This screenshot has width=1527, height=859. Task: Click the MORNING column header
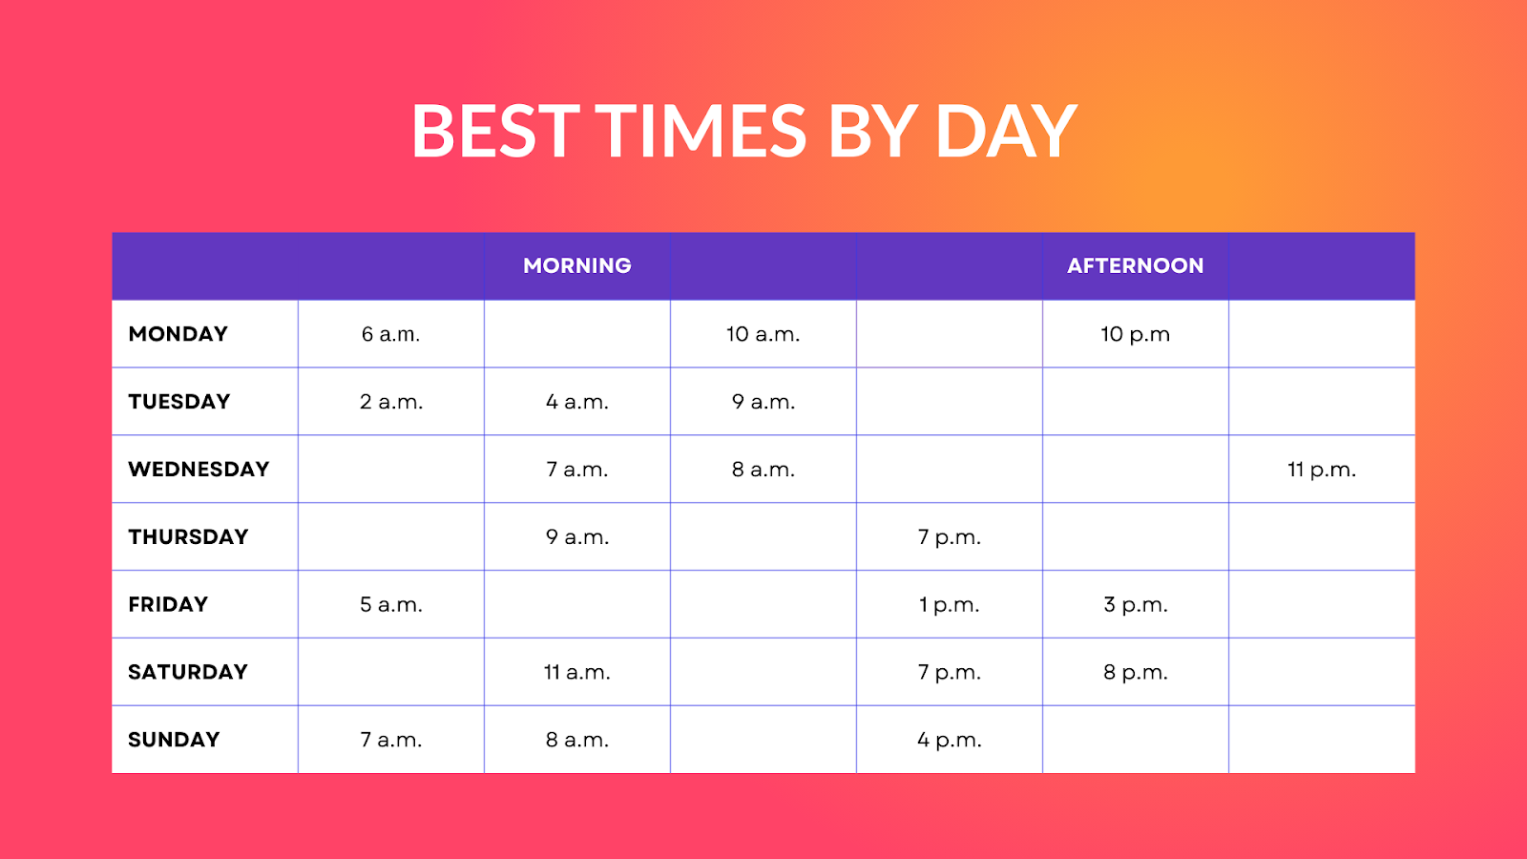(576, 265)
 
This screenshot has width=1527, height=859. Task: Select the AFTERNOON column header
(1135, 265)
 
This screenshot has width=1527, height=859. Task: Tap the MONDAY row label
(178, 334)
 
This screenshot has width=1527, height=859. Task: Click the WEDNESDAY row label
(199, 470)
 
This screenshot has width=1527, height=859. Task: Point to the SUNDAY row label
(174, 740)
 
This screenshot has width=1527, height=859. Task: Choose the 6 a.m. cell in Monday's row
(390, 334)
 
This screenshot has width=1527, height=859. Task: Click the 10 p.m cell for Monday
(1135, 334)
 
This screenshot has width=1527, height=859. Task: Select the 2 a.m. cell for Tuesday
(390, 402)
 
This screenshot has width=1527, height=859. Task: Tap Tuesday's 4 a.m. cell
(576, 402)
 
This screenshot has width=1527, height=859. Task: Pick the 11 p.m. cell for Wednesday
(1321, 470)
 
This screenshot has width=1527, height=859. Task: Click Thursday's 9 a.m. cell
(576, 537)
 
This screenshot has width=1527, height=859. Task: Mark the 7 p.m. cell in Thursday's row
(949, 537)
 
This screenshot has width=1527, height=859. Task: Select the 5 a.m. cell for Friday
(390, 605)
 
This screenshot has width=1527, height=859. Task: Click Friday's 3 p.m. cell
(1135, 605)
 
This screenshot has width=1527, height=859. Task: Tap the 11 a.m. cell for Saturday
(576, 673)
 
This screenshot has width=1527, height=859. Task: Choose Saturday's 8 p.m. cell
(1135, 673)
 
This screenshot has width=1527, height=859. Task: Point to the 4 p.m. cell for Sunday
(949, 740)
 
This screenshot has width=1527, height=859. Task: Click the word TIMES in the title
(701, 131)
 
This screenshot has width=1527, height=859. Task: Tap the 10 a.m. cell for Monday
(763, 334)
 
